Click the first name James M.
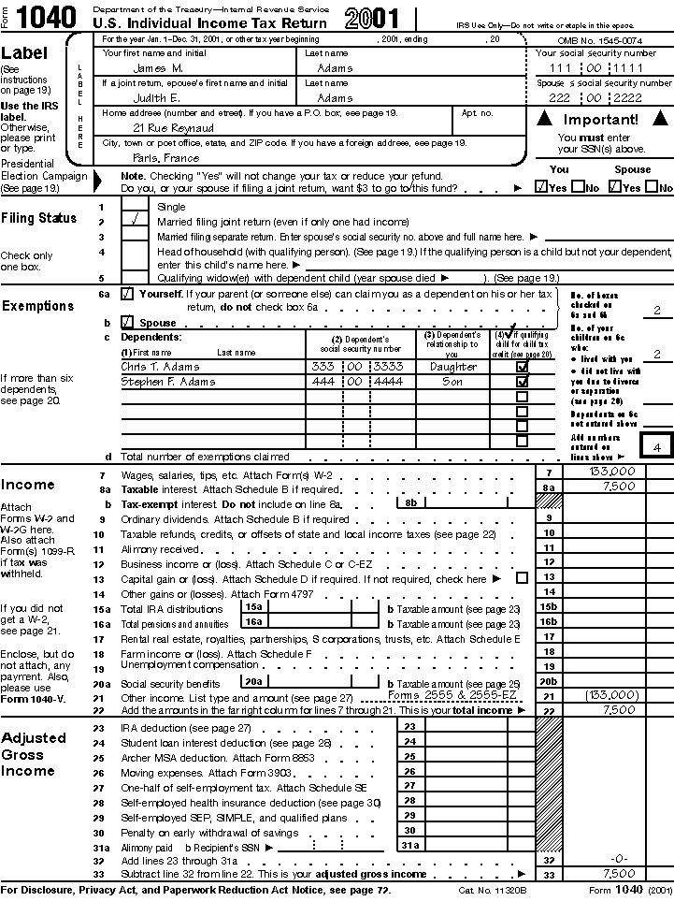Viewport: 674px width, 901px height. [157, 68]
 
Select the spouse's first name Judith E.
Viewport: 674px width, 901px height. [156, 97]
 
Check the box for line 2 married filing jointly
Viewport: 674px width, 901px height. [136, 222]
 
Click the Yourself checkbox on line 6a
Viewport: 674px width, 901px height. [127, 294]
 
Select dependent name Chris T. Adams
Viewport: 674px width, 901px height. [160, 367]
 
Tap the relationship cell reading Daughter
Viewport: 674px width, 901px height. [452, 367]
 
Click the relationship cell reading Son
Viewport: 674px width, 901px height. [452, 382]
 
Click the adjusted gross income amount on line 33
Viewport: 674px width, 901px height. [619, 874]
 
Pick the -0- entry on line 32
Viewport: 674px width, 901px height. [618, 859]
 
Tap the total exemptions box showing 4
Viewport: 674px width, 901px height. [657, 447]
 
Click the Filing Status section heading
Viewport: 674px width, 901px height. [39, 218]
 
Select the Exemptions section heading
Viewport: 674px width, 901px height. [37, 306]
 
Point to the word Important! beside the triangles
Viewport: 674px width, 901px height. [602, 120]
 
